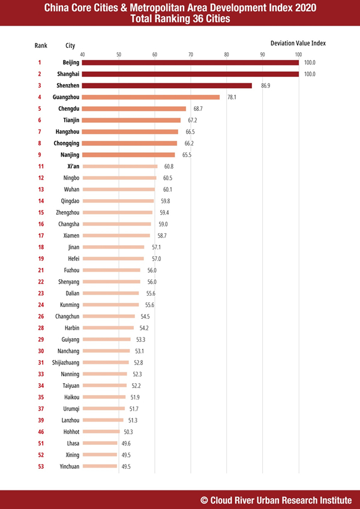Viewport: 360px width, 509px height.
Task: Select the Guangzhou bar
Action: coord(151,97)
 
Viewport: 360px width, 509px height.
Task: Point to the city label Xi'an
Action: coord(74,166)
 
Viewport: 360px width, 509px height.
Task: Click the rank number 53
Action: coord(41,466)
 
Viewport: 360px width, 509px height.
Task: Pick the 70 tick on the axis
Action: coord(191,55)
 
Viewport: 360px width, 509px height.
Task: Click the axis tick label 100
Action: coord(298,55)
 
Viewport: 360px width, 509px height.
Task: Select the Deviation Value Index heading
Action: coord(298,43)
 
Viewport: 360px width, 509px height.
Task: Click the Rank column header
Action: coord(41,46)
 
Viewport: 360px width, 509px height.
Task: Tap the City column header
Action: coord(70,46)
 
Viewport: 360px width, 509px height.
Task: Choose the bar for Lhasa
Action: coord(100,443)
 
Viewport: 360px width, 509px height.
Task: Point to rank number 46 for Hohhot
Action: coord(41,431)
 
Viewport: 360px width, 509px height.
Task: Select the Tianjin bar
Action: coord(131,120)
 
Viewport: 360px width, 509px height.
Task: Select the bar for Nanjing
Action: coord(128,155)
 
